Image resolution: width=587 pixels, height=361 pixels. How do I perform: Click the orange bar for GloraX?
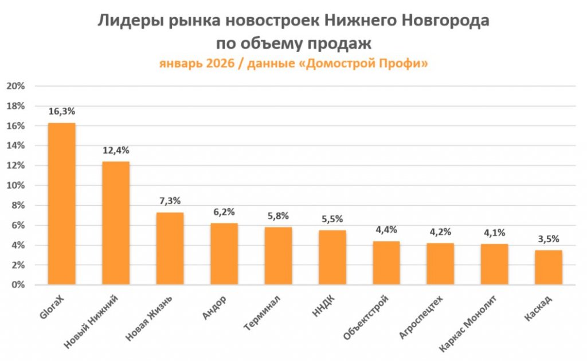tap(61, 204)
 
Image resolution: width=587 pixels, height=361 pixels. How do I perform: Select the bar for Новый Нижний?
tap(116, 223)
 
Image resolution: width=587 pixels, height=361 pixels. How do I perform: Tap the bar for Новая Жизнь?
tap(170, 249)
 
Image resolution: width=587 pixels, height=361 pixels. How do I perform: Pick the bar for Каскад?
tap(549, 268)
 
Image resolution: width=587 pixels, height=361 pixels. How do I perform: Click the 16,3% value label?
tap(61, 112)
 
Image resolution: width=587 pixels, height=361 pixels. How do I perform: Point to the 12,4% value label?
tap(116, 151)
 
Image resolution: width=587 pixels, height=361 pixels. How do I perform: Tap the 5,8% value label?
tap(278, 216)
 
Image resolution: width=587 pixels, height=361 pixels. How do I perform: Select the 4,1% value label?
tap(495, 233)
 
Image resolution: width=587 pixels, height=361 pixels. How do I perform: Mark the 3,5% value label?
tap(549, 239)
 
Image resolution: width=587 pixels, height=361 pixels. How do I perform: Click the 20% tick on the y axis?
tap(15, 86)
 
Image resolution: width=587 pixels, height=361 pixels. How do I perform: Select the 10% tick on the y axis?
tap(15, 186)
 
